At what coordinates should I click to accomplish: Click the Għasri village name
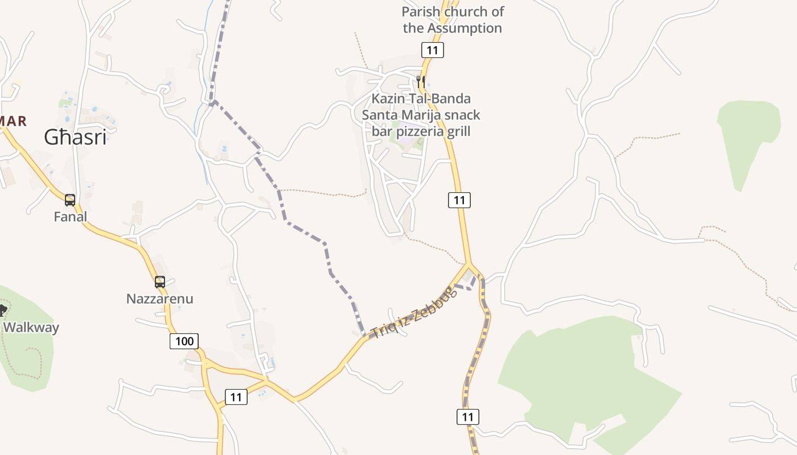(x=75, y=138)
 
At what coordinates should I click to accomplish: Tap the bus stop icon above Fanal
(x=70, y=200)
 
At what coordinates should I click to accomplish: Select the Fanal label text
(x=71, y=217)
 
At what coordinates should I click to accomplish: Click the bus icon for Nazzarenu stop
(x=160, y=282)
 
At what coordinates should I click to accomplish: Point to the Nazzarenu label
(x=160, y=299)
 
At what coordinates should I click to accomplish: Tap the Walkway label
(x=31, y=328)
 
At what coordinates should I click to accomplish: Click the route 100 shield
(x=184, y=341)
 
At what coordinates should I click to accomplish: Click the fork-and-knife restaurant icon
(x=421, y=81)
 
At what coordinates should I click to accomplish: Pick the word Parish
(x=421, y=12)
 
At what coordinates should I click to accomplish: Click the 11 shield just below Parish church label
(x=433, y=50)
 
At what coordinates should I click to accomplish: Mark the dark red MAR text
(x=13, y=121)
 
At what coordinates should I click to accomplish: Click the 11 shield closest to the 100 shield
(x=236, y=397)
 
